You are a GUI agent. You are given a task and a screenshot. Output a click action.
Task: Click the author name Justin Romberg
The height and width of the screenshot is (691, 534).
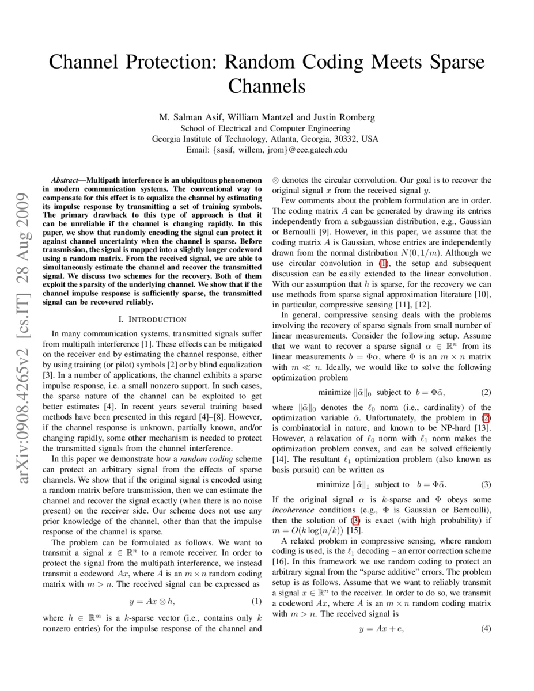(344, 117)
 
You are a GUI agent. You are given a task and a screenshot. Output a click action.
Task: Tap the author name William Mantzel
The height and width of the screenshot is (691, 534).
(259, 117)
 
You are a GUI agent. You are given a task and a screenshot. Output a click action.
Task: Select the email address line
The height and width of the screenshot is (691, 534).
(267, 150)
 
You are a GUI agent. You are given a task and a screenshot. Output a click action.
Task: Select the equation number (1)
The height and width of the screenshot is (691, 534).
(256, 602)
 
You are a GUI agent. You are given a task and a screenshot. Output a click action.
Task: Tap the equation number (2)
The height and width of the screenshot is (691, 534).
(486, 393)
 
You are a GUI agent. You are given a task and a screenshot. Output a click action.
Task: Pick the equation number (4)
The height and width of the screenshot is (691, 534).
(486, 629)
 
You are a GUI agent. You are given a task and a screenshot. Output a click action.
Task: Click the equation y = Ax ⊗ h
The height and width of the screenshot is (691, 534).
(152, 602)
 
